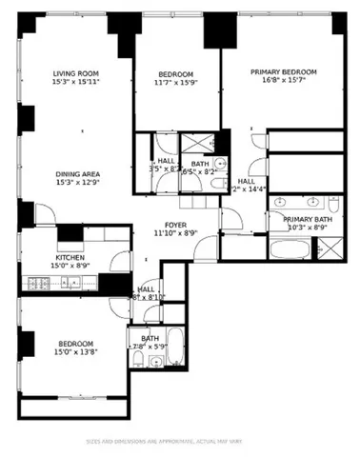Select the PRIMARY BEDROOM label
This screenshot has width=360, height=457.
(283, 71)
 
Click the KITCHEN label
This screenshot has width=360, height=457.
(70, 257)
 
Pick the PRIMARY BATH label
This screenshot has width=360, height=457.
(308, 219)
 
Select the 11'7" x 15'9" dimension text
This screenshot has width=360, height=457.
(175, 84)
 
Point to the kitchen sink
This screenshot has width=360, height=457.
(76, 283)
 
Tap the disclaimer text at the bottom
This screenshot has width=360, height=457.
(180, 441)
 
